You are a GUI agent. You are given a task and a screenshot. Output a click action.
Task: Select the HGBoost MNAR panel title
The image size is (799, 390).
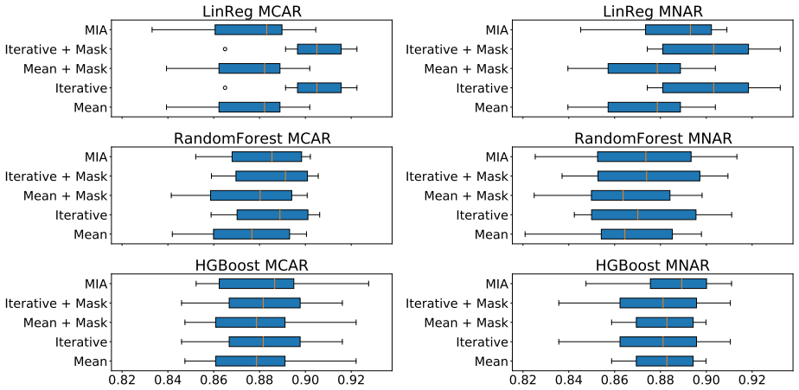[x=652, y=265]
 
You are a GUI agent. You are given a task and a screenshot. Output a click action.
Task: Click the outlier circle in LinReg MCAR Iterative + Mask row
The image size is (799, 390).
[x=225, y=49]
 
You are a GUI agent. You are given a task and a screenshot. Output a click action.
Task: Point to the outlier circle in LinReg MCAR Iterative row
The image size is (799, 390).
[x=225, y=87]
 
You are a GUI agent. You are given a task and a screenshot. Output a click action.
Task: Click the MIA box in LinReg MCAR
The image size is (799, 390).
[x=248, y=29]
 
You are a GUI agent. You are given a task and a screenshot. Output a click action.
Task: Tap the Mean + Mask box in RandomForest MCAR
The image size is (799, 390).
[x=251, y=195]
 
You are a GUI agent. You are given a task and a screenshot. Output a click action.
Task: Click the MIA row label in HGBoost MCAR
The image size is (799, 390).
[x=96, y=284]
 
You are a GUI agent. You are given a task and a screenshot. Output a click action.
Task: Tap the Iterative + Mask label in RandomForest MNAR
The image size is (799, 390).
[x=457, y=176]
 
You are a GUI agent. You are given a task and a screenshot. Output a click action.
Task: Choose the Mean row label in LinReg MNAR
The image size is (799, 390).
[x=491, y=107]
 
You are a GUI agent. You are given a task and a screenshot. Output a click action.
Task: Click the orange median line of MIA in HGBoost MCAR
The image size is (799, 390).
[x=274, y=284]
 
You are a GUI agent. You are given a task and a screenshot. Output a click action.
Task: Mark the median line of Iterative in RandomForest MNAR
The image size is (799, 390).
[x=637, y=214]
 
